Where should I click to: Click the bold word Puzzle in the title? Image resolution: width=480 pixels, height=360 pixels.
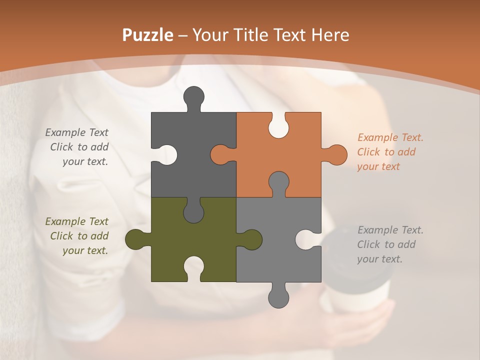pos(147,35)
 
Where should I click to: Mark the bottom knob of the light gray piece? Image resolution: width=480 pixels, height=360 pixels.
pos(278,296)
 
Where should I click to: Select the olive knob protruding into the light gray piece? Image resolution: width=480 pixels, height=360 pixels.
pos(251,239)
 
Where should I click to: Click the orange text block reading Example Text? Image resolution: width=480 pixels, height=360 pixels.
pos(389,152)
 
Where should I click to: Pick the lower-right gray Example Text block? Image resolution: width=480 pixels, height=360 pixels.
pos(389,244)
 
